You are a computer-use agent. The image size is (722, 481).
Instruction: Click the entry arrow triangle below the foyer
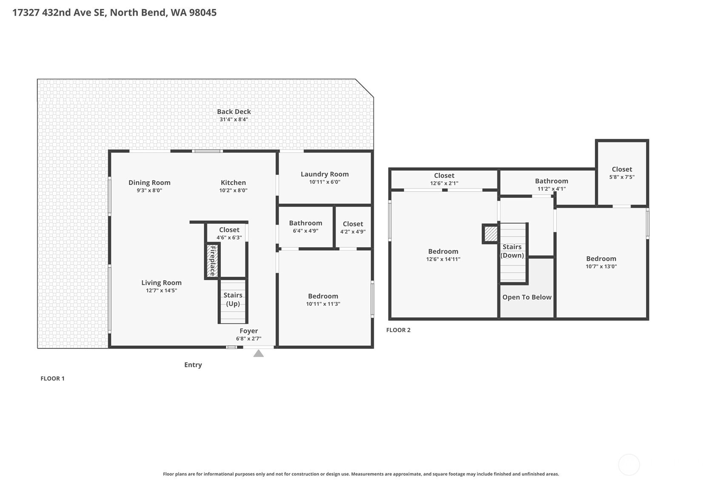(259, 354)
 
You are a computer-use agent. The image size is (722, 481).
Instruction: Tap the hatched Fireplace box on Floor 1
(212, 261)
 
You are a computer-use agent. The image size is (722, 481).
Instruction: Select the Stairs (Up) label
(233, 299)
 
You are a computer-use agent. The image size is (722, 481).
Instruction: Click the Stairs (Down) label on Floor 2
(512, 251)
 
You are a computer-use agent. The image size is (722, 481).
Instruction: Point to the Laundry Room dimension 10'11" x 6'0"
(325, 182)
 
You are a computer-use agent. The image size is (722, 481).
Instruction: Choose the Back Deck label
(234, 111)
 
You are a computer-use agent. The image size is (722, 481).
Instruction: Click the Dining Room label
(149, 183)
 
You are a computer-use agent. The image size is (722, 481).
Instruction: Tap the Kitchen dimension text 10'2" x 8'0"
(233, 190)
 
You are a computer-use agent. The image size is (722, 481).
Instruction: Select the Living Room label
(162, 282)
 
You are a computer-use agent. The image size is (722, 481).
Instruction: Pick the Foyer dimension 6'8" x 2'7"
(248, 338)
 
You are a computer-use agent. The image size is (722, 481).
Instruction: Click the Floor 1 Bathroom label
(305, 223)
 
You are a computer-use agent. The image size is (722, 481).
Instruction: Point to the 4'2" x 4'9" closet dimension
(353, 232)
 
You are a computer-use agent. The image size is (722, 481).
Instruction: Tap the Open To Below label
(527, 297)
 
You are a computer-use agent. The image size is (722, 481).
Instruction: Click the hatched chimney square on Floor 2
(491, 234)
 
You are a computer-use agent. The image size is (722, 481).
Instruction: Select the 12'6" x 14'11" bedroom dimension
(443, 259)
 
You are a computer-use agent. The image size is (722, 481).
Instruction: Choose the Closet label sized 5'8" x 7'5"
(622, 169)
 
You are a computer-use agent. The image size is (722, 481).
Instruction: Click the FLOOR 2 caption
(398, 330)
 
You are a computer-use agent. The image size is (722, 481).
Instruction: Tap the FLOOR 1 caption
(52, 379)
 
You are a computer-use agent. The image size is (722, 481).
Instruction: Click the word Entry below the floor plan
(193, 365)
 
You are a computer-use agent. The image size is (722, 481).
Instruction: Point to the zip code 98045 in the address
(203, 13)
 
